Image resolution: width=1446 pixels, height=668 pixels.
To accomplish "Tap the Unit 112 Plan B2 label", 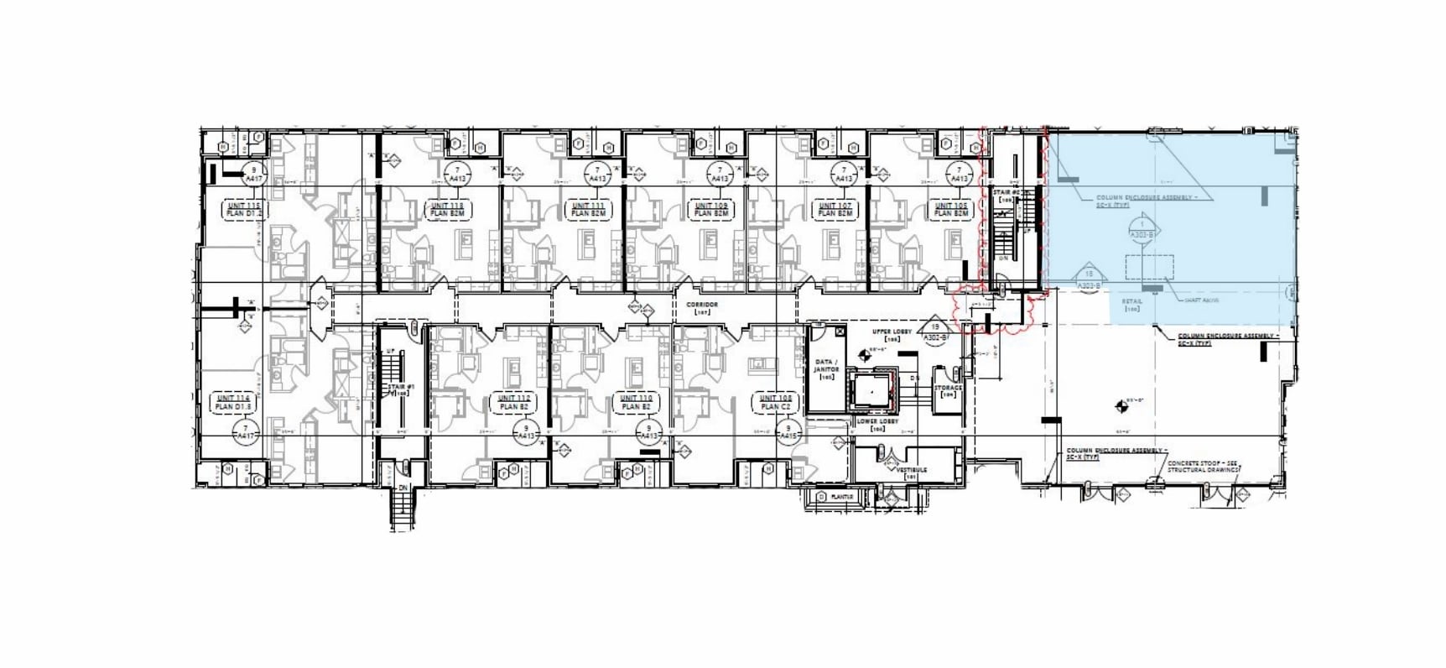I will pyautogui.click(x=513, y=402).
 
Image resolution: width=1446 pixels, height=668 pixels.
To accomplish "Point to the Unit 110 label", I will pyautogui.click(x=635, y=398).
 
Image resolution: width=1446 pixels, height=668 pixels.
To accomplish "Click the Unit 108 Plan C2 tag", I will pyautogui.click(x=775, y=402).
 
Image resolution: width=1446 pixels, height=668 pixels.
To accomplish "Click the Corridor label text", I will pyautogui.click(x=702, y=305).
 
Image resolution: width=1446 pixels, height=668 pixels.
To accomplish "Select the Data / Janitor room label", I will pyautogui.click(x=826, y=368).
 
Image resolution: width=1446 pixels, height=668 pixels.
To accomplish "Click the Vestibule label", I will pyautogui.click(x=911, y=472).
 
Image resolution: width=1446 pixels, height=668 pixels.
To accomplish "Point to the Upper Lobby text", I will pyautogui.click(x=886, y=332).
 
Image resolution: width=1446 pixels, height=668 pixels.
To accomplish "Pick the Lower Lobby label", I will pyautogui.click(x=877, y=422).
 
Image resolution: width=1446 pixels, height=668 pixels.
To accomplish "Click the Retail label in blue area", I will pyautogui.click(x=1132, y=304).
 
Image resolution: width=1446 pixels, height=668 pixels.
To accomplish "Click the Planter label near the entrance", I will pyautogui.click(x=841, y=497).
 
